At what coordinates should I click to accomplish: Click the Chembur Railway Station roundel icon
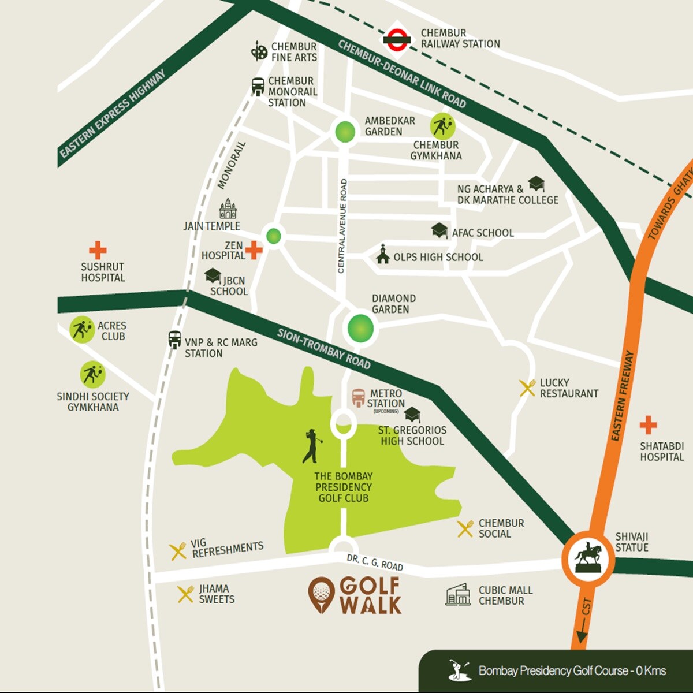(x=397, y=39)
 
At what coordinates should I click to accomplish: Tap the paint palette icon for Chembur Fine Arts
(x=259, y=51)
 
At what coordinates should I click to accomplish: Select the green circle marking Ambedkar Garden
(x=345, y=132)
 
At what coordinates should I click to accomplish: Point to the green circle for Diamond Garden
(x=360, y=328)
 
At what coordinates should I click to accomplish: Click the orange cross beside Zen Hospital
(x=254, y=250)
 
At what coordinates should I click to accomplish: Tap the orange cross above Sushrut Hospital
(x=98, y=250)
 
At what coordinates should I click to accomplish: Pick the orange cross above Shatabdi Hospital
(x=648, y=425)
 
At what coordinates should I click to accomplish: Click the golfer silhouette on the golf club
(x=312, y=446)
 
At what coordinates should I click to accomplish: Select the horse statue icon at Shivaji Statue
(x=588, y=558)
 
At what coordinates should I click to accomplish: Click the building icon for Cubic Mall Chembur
(x=458, y=595)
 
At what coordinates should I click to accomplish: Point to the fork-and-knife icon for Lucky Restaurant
(x=527, y=388)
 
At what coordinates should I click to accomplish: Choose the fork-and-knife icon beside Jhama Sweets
(x=185, y=594)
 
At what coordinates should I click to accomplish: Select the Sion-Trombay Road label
(x=323, y=349)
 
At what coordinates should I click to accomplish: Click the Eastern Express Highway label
(x=113, y=114)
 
